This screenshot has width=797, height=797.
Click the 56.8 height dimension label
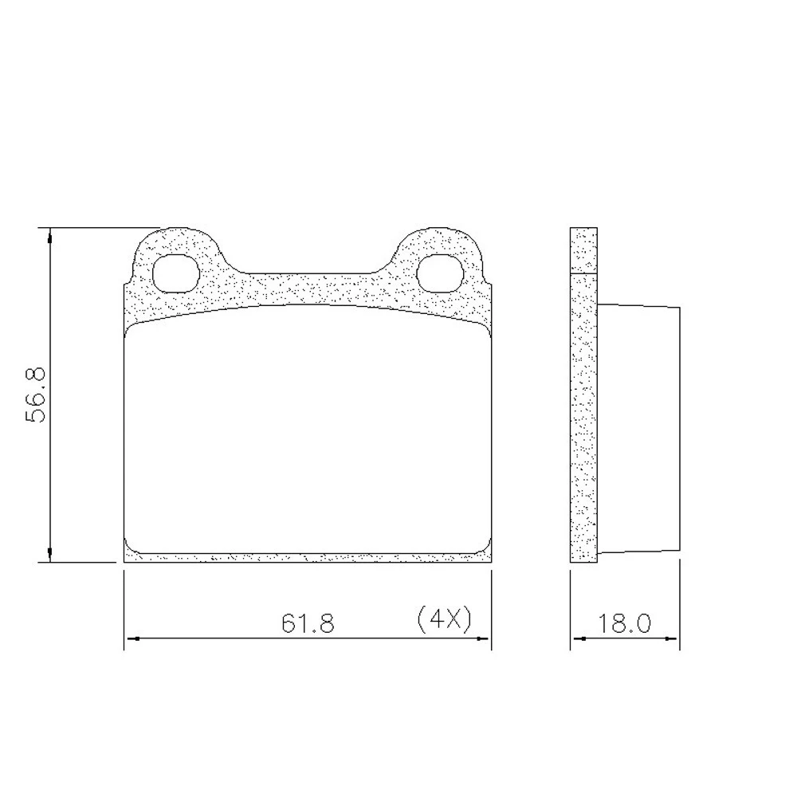[x=35, y=395]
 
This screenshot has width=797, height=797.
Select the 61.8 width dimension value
[x=308, y=622]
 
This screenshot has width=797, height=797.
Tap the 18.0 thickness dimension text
[x=624, y=623]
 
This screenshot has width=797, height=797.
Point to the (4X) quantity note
[x=444, y=619]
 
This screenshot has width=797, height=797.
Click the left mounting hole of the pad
[x=175, y=273]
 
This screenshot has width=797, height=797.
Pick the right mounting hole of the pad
[x=440, y=273]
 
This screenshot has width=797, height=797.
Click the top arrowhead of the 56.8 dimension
[x=49, y=237]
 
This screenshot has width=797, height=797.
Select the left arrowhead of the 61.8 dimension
[x=132, y=638]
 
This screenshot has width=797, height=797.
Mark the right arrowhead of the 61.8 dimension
[x=483, y=638]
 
